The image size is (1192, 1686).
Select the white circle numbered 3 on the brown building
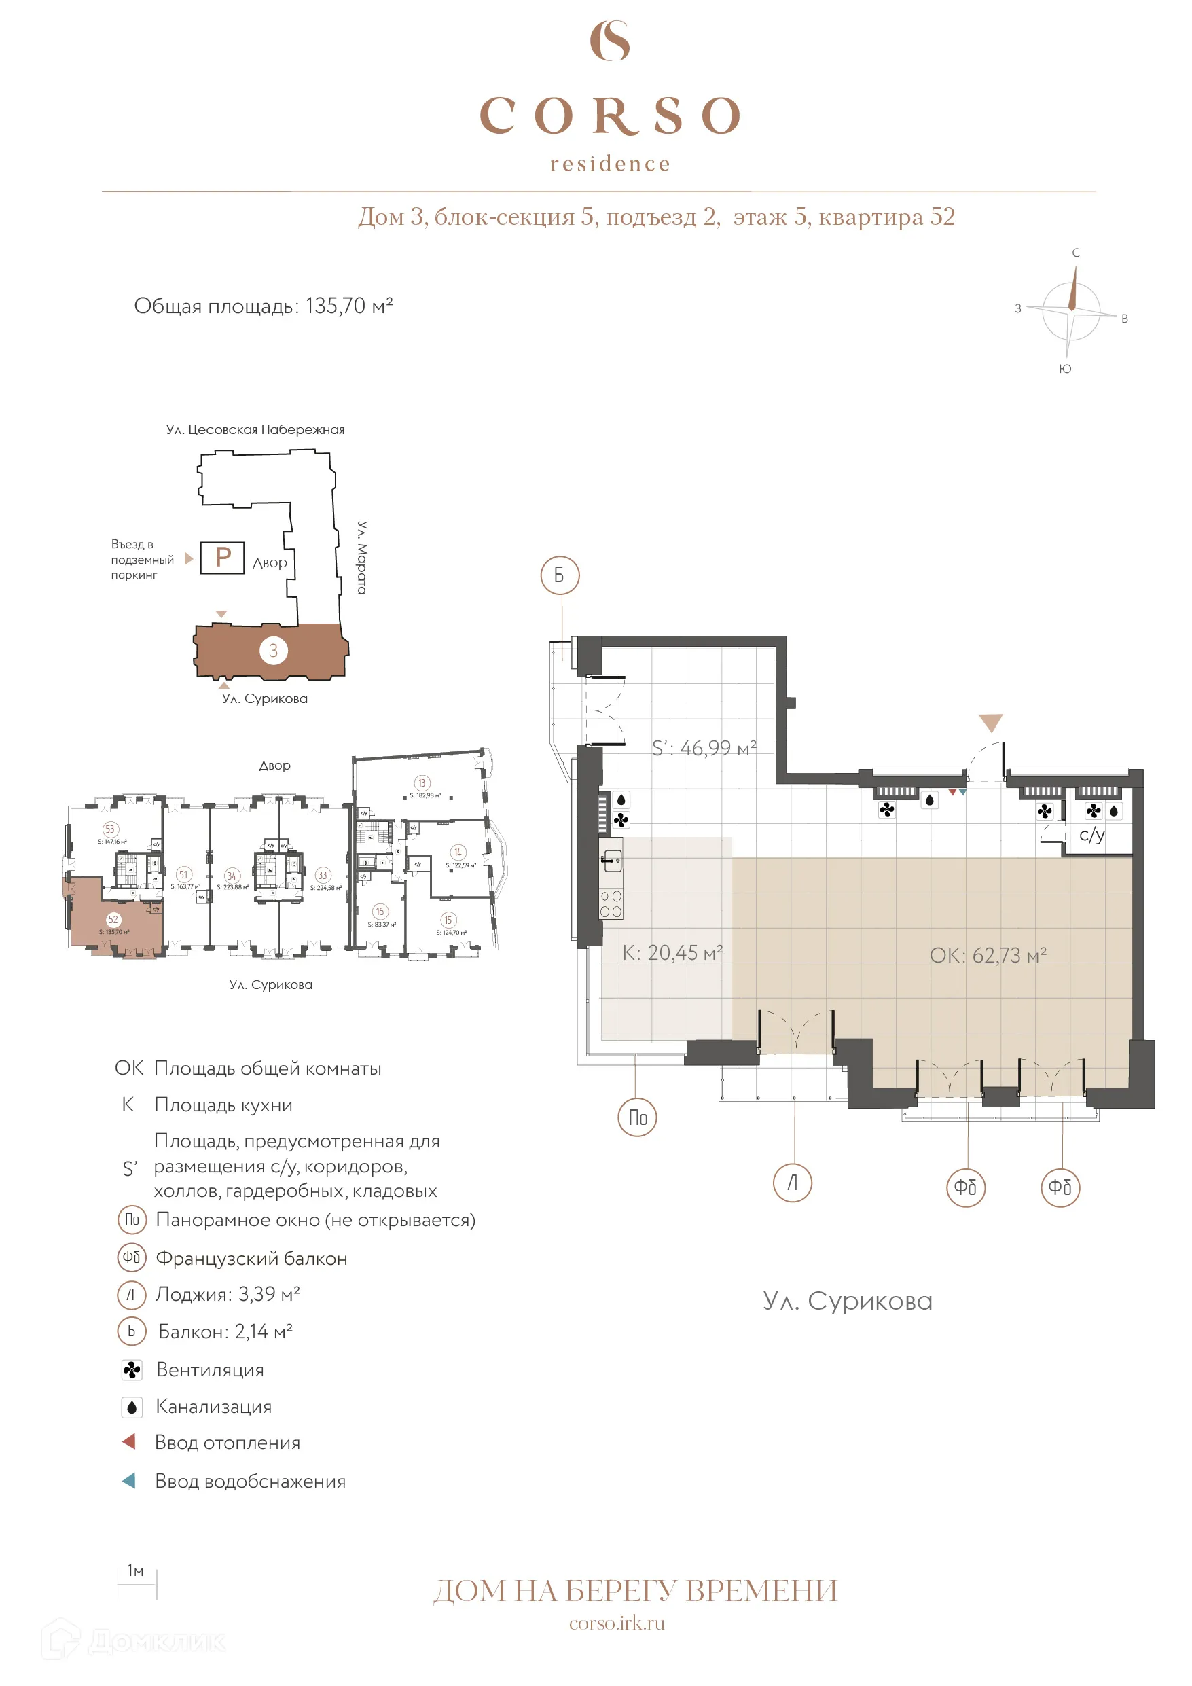pos(273,650)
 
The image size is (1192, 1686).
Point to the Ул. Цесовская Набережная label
pos(255,429)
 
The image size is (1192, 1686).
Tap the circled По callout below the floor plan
pos(637,1117)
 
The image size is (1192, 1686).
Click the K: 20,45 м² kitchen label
pos(672,953)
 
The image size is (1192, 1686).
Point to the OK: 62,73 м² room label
pos(987,955)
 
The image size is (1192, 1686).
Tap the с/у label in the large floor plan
pos(1091,835)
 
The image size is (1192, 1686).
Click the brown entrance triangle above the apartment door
pos(990,723)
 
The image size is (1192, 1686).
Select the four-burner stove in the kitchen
pos(611,903)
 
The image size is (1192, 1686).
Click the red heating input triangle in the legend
pos(129,1441)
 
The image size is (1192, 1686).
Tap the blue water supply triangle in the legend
pos(129,1480)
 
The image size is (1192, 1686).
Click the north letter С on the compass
pos(1075,253)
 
